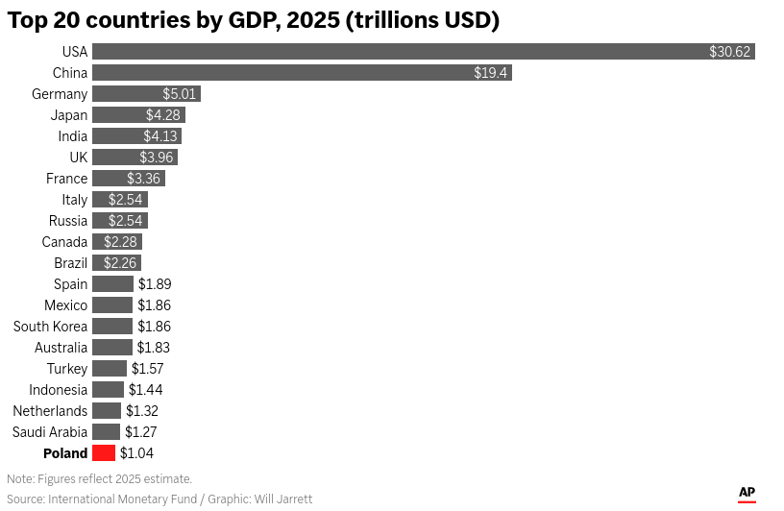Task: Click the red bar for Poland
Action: click(x=104, y=453)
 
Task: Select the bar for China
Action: click(x=302, y=73)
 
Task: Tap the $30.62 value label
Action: click(x=729, y=52)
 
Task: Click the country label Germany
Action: click(x=59, y=94)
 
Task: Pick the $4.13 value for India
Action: click(x=161, y=136)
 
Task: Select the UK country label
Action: click(x=78, y=158)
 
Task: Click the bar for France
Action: click(x=129, y=179)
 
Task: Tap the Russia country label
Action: click(x=68, y=221)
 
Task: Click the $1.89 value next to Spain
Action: click(x=155, y=284)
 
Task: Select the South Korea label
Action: click(x=50, y=327)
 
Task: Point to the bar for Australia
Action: click(x=112, y=348)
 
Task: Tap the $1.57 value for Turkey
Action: click(x=148, y=369)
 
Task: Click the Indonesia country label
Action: click(x=58, y=390)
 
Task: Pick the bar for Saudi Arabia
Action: click(x=106, y=432)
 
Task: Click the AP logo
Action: click(x=747, y=493)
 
